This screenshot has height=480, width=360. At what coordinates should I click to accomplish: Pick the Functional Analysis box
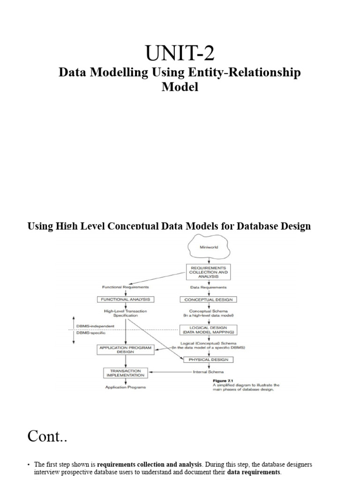(125, 299)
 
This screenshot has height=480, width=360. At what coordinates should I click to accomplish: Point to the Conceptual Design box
(208, 299)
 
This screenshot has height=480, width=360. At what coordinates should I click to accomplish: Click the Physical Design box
(208, 360)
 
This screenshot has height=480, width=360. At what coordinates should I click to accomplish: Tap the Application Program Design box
(125, 350)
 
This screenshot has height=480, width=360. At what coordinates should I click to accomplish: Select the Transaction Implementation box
(125, 373)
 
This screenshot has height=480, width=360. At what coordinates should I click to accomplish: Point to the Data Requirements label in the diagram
(208, 287)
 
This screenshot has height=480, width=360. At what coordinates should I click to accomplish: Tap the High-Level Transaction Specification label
(125, 313)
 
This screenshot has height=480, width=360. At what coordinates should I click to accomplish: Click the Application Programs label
(125, 387)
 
